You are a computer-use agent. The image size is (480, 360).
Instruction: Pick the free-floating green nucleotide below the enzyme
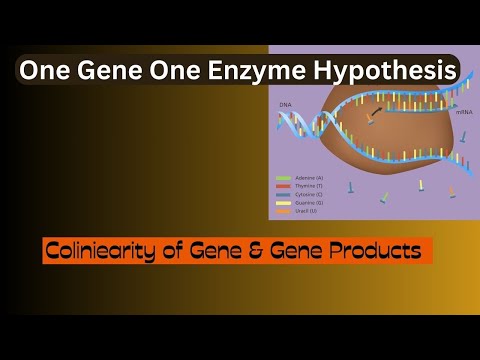tap(384, 197)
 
